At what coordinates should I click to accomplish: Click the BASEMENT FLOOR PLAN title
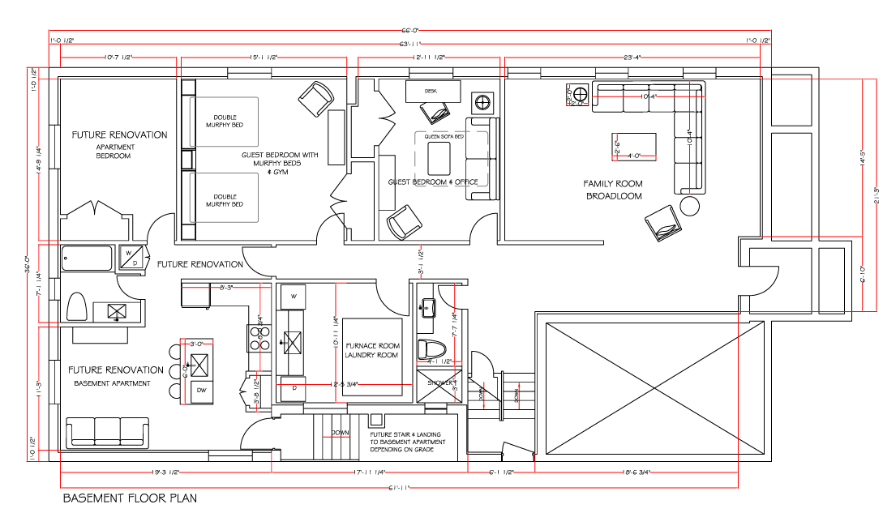pyautogui.click(x=130, y=498)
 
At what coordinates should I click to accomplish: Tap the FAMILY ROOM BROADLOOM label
pyautogui.click(x=613, y=190)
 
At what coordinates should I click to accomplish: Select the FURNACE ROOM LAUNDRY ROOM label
pyautogui.click(x=371, y=349)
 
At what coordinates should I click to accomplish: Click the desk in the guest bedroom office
pyautogui.click(x=433, y=92)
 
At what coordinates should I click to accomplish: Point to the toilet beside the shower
pyautogui.click(x=431, y=349)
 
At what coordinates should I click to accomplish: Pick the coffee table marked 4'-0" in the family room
pyautogui.click(x=632, y=146)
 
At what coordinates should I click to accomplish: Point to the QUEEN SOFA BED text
pyautogui.click(x=444, y=136)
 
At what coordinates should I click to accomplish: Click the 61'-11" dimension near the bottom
pyautogui.click(x=399, y=488)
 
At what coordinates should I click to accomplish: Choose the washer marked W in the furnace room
pyautogui.click(x=293, y=297)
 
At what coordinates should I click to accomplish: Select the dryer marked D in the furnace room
pyautogui.click(x=293, y=388)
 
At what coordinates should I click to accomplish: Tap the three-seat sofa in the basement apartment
pyautogui.click(x=107, y=431)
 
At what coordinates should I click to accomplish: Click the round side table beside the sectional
pyautogui.click(x=690, y=206)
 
